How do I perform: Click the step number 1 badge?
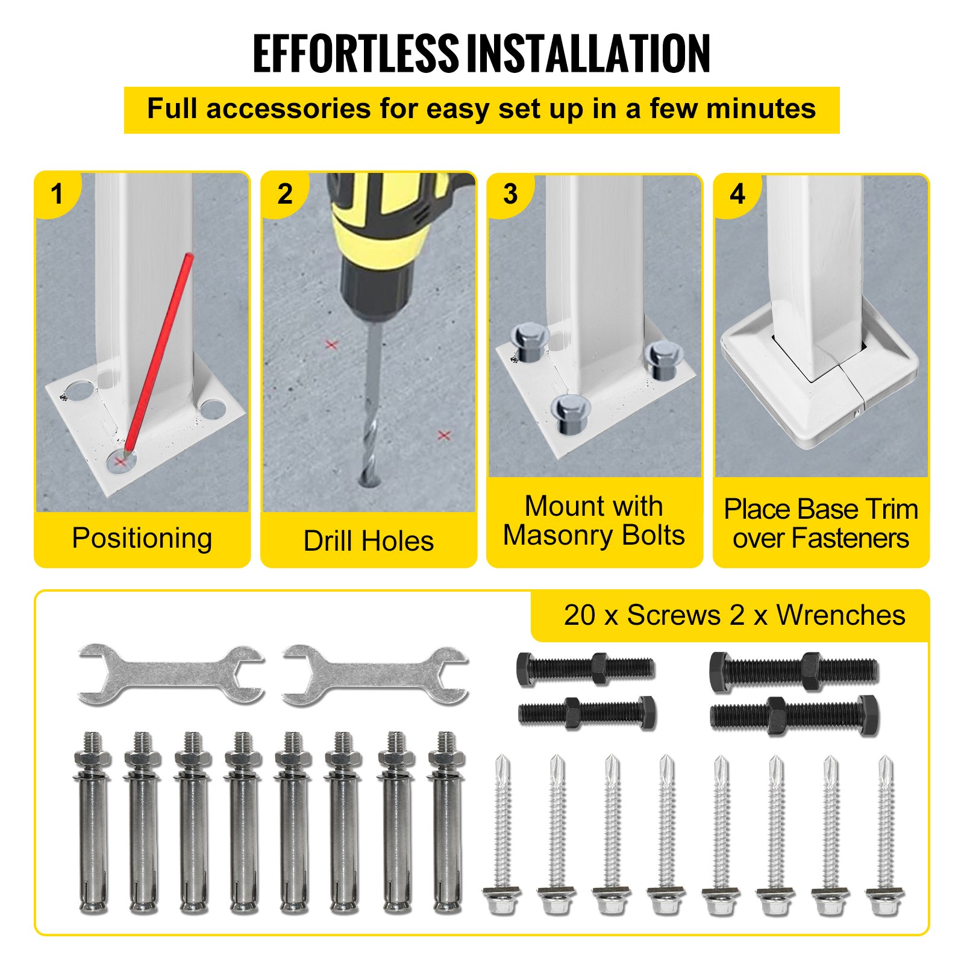click(x=57, y=194)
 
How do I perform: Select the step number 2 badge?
click(x=284, y=194)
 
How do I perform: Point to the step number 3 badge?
click(x=510, y=194)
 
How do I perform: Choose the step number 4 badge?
click(x=737, y=194)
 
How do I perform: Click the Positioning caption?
click(x=142, y=539)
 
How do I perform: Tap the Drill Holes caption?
click(x=369, y=540)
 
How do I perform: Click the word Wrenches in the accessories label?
click(x=840, y=615)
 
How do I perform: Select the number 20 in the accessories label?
click(x=580, y=615)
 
